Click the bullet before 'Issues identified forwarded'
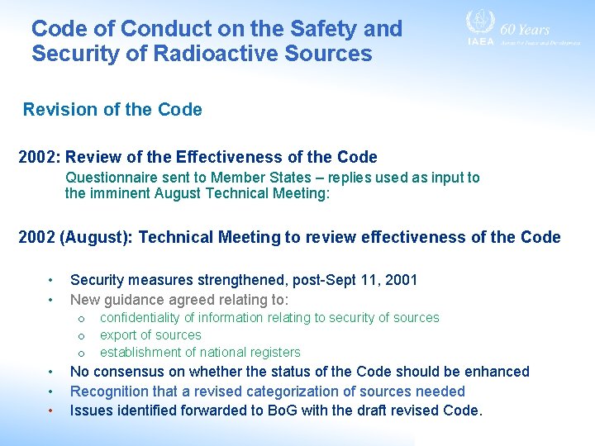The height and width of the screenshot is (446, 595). pos(50,410)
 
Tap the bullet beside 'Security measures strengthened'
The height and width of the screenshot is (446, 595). pos(50,280)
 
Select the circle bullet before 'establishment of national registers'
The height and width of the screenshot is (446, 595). pos(81,353)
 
